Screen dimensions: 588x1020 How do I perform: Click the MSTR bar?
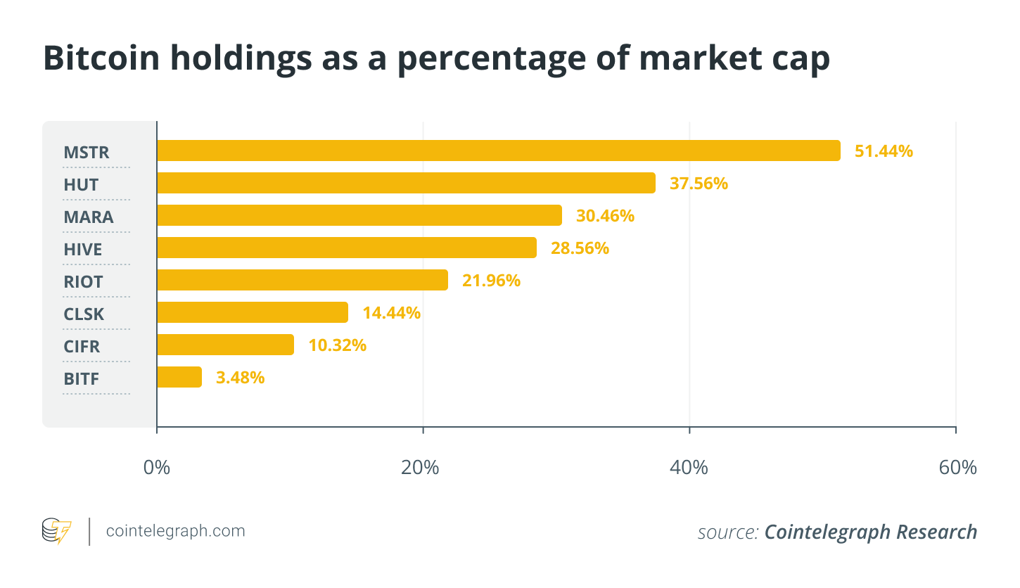tap(498, 151)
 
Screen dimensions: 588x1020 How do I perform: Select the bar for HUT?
tap(406, 183)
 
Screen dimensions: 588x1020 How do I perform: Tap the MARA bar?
tap(359, 215)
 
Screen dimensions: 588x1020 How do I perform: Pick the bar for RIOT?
tap(302, 280)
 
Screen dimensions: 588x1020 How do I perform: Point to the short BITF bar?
tap(179, 377)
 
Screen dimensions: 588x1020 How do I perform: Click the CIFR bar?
tap(225, 345)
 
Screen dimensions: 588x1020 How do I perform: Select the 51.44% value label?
tap(884, 151)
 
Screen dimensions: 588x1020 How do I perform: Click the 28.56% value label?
tap(580, 248)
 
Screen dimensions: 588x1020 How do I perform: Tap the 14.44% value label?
tap(391, 312)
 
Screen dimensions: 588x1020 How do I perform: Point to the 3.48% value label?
tap(240, 377)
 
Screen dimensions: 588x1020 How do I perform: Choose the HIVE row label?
tap(83, 250)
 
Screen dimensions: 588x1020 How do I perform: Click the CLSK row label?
tap(84, 314)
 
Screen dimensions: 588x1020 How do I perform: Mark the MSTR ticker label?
tap(87, 153)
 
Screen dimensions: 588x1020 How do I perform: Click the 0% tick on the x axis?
tap(157, 468)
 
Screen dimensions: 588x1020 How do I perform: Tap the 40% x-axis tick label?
tap(689, 468)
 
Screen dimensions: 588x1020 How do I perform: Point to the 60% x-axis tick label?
tap(957, 468)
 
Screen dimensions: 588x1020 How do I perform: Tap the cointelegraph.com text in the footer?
tap(175, 531)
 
